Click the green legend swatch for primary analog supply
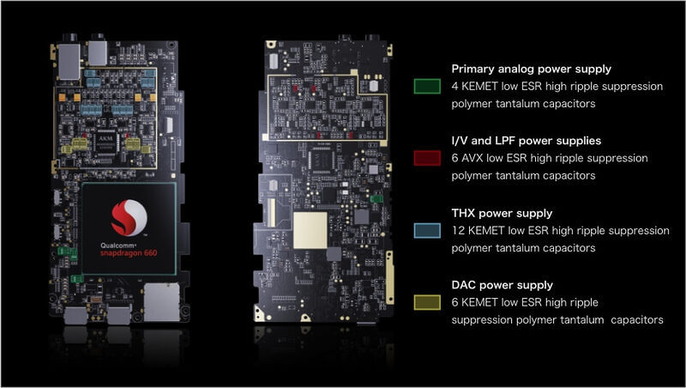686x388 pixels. click(x=427, y=86)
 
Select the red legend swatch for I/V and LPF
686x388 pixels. click(x=427, y=158)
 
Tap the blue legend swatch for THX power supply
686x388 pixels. click(x=427, y=230)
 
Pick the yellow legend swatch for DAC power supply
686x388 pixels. click(x=427, y=302)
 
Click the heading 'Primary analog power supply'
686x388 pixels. click(x=531, y=70)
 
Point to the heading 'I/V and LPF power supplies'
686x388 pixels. click(x=527, y=141)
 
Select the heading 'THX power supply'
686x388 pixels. click(x=502, y=213)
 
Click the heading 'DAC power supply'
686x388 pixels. click(x=502, y=285)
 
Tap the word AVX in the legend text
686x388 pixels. click(x=472, y=158)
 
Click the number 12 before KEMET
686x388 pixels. click(x=458, y=230)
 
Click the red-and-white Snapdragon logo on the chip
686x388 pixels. click(x=129, y=218)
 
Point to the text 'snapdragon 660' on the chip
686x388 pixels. click(x=129, y=253)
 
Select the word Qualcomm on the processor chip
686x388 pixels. click(x=118, y=246)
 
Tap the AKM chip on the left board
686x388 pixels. click(x=105, y=142)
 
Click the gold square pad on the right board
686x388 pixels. click(x=310, y=230)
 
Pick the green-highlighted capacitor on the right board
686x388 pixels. click(x=376, y=199)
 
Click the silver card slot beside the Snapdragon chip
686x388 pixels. click(x=161, y=302)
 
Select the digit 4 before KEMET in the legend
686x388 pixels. click(x=455, y=87)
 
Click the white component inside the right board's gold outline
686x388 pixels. click(x=373, y=85)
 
